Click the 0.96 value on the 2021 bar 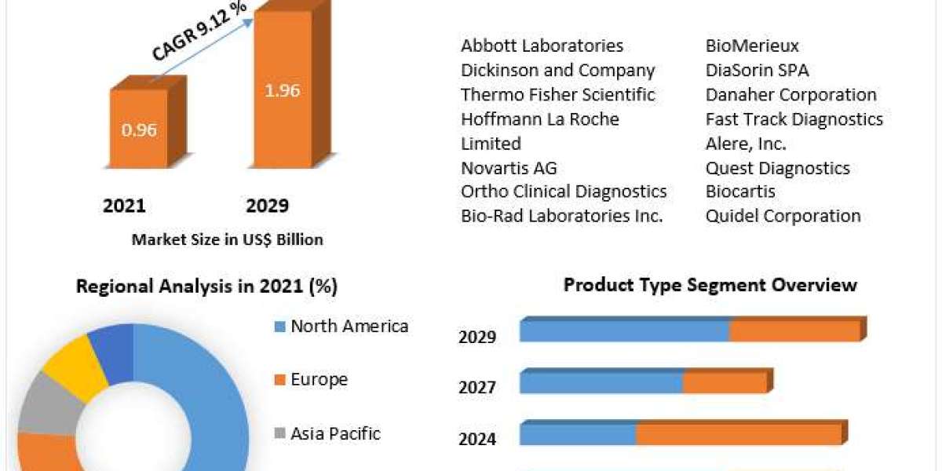pyautogui.click(x=139, y=130)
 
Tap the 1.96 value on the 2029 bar pyautogui.click(x=282, y=90)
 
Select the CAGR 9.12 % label pyautogui.click(x=199, y=31)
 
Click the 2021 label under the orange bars pyautogui.click(x=124, y=206)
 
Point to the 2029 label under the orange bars pyautogui.click(x=268, y=206)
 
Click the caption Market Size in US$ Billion pyautogui.click(x=228, y=239)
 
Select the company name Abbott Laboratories pyautogui.click(x=542, y=46)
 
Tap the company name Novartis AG pyautogui.click(x=509, y=168)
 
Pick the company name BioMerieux pyautogui.click(x=752, y=46)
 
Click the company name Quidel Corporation pyautogui.click(x=783, y=216)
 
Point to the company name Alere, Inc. pyautogui.click(x=746, y=144)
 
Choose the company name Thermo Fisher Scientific pyautogui.click(x=558, y=95)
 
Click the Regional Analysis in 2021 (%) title pyautogui.click(x=207, y=287)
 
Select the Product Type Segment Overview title pyautogui.click(x=710, y=285)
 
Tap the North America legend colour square pyautogui.click(x=279, y=327)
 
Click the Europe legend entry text pyautogui.click(x=319, y=379)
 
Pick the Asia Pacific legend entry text pyautogui.click(x=335, y=433)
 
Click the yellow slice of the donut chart pyautogui.click(x=75, y=366)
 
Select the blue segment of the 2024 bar pyautogui.click(x=579, y=434)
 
